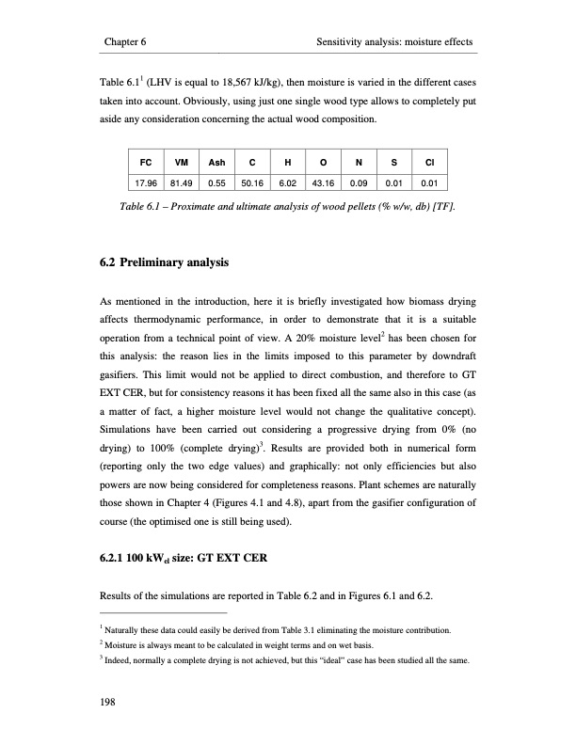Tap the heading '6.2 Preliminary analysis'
[164, 265]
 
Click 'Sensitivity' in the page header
[350, 43]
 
